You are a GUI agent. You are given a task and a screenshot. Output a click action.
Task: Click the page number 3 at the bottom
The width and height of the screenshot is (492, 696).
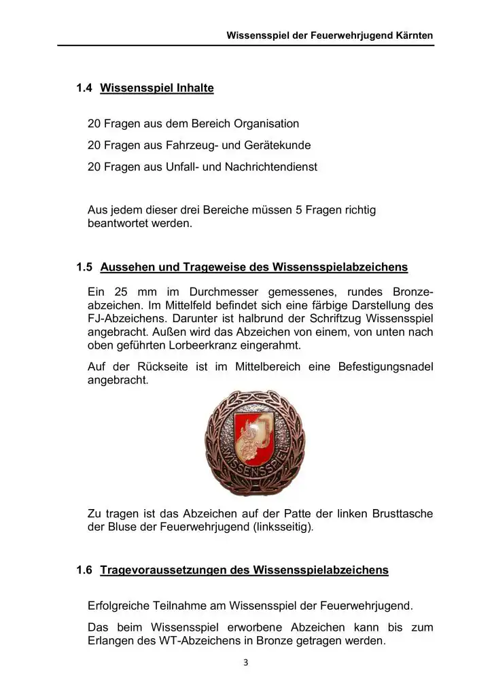pyautogui.click(x=246, y=663)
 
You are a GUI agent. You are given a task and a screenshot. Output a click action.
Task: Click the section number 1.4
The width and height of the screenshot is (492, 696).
pyautogui.click(x=84, y=88)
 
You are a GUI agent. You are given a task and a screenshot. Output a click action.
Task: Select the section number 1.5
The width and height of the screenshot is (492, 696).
pyautogui.click(x=84, y=267)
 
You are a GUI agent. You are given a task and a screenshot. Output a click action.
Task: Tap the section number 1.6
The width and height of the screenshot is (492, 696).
pyautogui.click(x=84, y=570)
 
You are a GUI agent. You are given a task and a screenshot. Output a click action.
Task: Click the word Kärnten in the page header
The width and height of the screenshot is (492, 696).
pyautogui.click(x=413, y=34)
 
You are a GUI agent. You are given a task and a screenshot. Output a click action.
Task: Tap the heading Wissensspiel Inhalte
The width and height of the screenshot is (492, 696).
pyautogui.click(x=157, y=88)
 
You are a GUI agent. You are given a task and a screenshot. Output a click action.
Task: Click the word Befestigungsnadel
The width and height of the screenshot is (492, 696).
pyautogui.click(x=385, y=367)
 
